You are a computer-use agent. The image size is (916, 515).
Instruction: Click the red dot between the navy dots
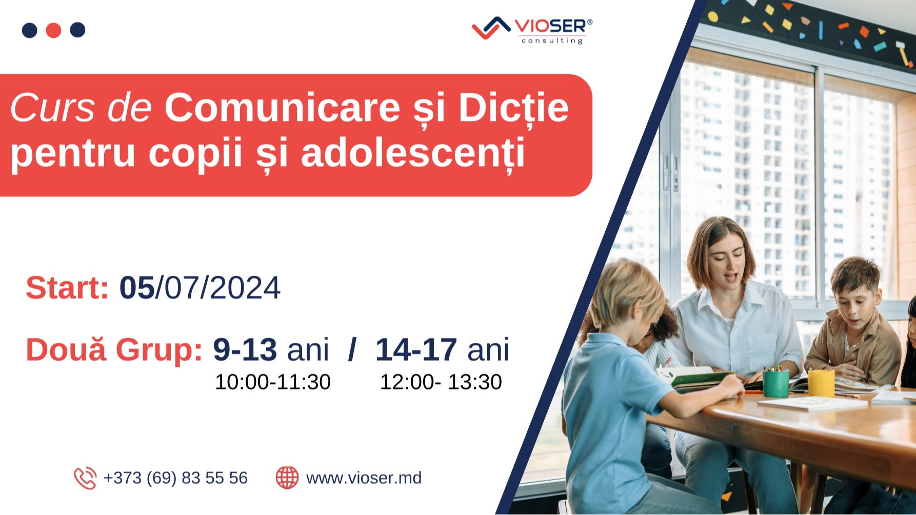pyautogui.click(x=53, y=30)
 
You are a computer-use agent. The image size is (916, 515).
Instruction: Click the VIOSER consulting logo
pyautogui.click(x=532, y=30)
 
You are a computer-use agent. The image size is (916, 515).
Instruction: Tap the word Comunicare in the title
pyautogui.click(x=282, y=108)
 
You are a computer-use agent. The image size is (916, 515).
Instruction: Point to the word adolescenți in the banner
pyautogui.click(x=413, y=153)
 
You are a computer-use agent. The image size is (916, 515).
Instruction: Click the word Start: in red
pyautogui.click(x=67, y=288)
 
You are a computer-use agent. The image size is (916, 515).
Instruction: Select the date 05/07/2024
pyautogui.click(x=200, y=288)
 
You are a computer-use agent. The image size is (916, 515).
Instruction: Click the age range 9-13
pyautogui.click(x=245, y=350)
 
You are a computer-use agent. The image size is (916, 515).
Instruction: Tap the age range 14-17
pyautogui.click(x=416, y=350)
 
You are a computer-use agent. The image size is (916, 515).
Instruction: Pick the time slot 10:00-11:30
pyautogui.click(x=272, y=382)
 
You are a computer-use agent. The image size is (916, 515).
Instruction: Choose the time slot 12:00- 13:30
pyautogui.click(x=441, y=382)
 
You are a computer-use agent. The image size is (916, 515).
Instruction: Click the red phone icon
pyautogui.click(x=85, y=478)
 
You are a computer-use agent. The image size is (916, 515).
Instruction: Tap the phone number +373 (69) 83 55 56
pyautogui.click(x=175, y=478)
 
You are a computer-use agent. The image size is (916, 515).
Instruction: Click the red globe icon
pyautogui.click(x=287, y=478)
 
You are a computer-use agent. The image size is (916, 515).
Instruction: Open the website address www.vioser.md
pyautogui.click(x=364, y=478)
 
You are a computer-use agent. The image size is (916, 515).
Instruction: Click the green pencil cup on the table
pyautogui.click(x=775, y=383)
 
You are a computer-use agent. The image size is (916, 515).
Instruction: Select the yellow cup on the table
pyautogui.click(x=821, y=383)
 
